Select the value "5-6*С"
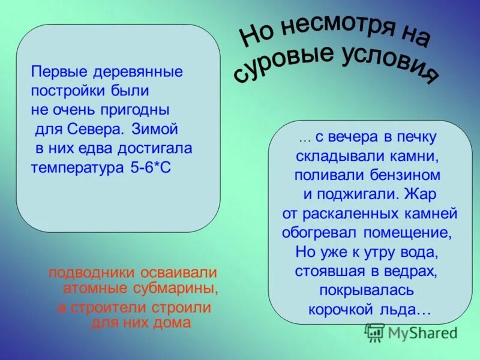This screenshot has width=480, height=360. pos(151,168)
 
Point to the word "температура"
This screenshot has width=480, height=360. pos(78,168)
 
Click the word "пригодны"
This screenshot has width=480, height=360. pos(137,110)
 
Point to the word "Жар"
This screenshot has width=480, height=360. pos(420,194)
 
